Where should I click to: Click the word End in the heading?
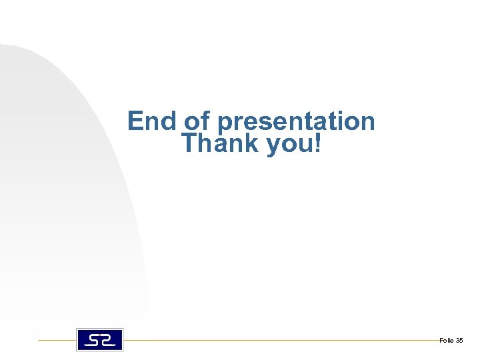(x=153, y=121)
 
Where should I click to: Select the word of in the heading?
(x=197, y=121)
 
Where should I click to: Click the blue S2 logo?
(x=100, y=339)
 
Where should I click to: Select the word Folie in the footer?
(x=446, y=341)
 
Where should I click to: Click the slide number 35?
(x=459, y=341)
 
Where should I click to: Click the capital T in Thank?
(x=191, y=143)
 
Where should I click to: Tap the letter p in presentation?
(x=225, y=124)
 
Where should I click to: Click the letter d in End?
(x=169, y=121)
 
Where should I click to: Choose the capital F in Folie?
(x=441, y=341)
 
